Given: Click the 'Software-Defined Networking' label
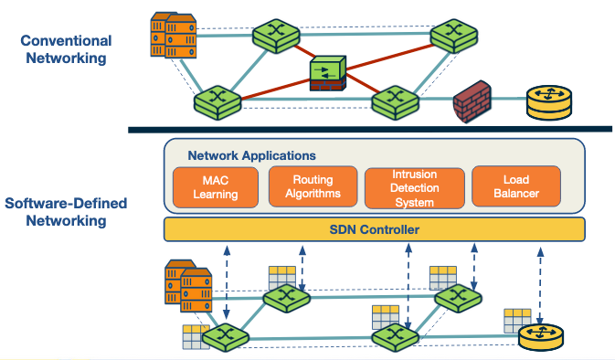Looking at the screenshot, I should click(x=65, y=211).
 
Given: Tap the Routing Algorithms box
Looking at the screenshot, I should click(x=311, y=186).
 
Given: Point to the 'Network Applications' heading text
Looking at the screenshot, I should click(x=251, y=156).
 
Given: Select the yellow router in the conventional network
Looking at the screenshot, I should click(x=546, y=103).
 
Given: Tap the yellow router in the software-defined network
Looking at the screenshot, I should click(x=541, y=335).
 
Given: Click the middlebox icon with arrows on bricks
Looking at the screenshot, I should click(x=326, y=73).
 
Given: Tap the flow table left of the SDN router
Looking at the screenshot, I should click(x=517, y=320).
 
